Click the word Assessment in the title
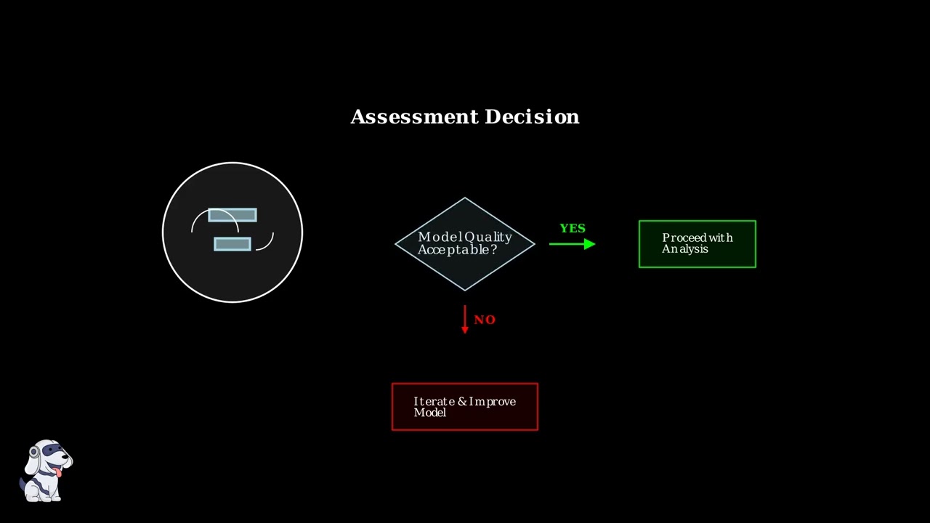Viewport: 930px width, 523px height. [x=414, y=117]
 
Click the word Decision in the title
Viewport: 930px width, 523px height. [x=532, y=117]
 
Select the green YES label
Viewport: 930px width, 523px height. [x=573, y=228]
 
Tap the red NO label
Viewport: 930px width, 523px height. [x=485, y=320]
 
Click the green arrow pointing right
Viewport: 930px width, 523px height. [x=573, y=244]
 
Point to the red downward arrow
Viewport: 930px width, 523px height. [x=465, y=319]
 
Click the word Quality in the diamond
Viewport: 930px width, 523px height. [x=488, y=238]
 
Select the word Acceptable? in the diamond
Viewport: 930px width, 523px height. [x=458, y=250]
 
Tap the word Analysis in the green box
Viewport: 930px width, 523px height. [x=685, y=249]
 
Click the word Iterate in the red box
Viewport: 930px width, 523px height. [x=434, y=402]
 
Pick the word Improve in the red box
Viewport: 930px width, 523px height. [x=493, y=402]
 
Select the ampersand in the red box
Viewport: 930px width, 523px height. [x=462, y=402]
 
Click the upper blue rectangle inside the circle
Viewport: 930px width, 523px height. [x=232, y=215]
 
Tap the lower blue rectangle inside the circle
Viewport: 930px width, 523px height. [x=232, y=244]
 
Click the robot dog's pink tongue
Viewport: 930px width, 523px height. [x=59, y=472]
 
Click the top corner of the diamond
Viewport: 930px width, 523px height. [x=465, y=198]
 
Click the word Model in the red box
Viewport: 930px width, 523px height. [x=430, y=413]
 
